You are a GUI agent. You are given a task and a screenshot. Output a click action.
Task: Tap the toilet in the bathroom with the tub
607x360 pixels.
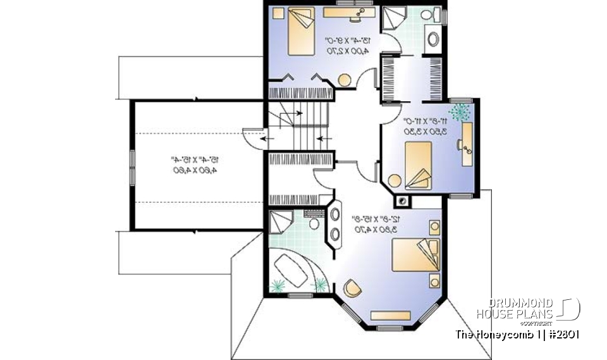click(314, 224)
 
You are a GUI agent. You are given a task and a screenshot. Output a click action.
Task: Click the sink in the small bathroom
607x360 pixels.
click(434, 39)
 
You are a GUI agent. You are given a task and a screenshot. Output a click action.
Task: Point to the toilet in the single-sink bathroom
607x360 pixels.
click(427, 15)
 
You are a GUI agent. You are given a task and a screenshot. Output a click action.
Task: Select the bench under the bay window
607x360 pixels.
click(389, 315)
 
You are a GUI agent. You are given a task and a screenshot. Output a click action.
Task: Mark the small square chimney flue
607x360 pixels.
click(402, 201)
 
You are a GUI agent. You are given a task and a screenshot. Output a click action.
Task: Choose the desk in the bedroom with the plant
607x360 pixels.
click(469, 144)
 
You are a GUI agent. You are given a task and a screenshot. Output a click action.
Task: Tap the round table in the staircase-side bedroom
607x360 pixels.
click(345, 80)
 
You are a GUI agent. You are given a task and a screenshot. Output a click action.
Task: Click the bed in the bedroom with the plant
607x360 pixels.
click(418, 163)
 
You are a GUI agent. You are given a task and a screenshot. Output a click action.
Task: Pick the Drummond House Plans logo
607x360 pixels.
click(529, 309)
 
